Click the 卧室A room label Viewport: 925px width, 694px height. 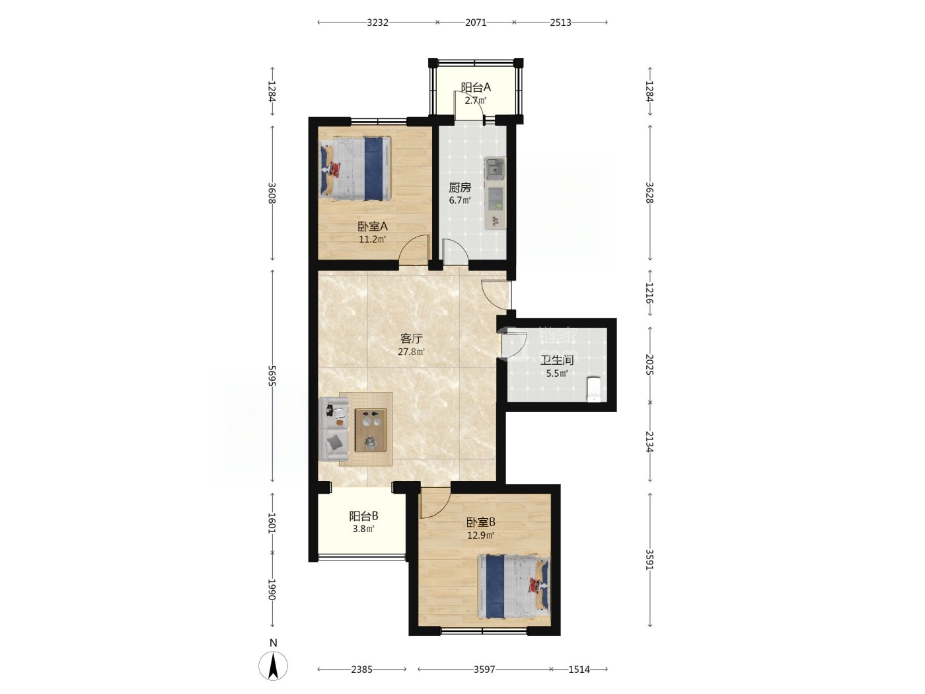click(372, 227)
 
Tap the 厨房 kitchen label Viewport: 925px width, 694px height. click(460, 188)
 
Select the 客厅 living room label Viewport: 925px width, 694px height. click(412, 338)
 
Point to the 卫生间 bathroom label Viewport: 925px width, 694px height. click(557, 360)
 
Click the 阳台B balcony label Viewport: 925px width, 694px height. click(363, 516)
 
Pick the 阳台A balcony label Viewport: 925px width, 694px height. click(476, 87)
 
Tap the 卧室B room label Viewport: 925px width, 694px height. click(480, 523)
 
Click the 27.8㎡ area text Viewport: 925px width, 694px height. click(412, 352)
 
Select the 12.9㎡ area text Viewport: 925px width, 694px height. click(480, 535)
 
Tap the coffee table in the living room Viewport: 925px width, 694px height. click(371, 430)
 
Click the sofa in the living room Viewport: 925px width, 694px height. click(334, 428)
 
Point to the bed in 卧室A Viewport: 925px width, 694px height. click(355, 168)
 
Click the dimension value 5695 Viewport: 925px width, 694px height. click(272, 376)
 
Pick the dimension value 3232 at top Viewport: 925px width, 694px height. click(377, 22)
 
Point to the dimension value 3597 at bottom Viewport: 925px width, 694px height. click(484, 669)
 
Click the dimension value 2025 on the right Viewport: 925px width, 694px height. click(649, 364)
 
